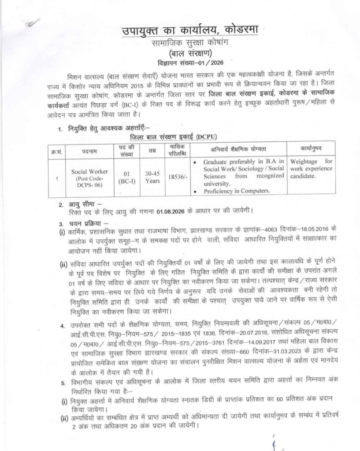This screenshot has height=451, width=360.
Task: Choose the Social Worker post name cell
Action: point(86,177)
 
